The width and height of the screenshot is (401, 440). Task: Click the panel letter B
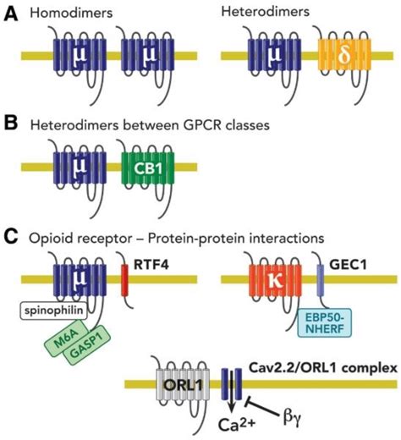point(9,124)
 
